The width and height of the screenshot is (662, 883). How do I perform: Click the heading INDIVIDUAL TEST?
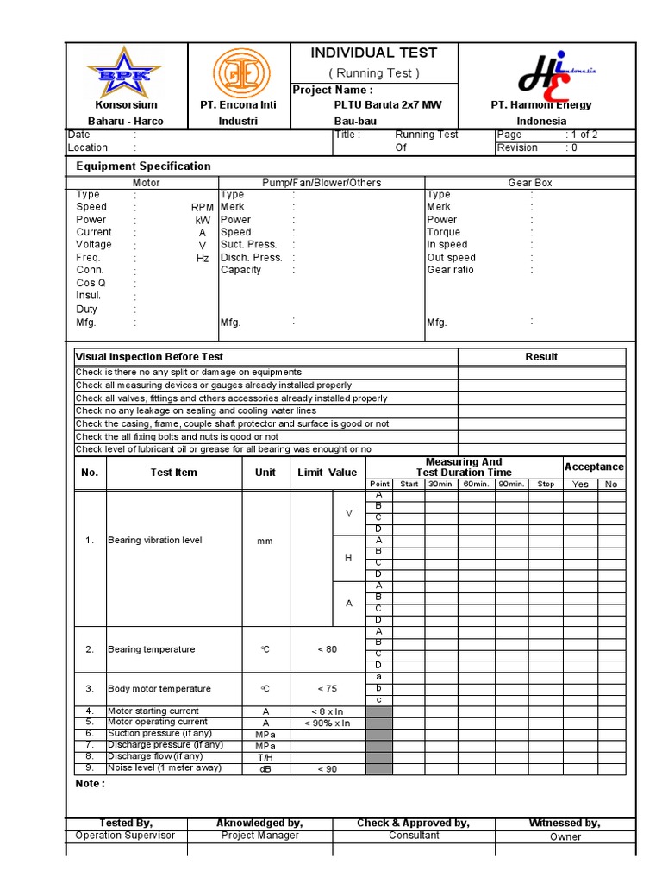(374, 53)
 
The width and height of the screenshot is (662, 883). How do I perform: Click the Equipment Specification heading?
(143, 166)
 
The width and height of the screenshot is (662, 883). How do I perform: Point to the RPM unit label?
(202, 208)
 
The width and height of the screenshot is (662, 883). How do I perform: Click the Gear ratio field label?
(450, 270)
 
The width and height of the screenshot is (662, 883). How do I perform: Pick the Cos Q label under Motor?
(91, 283)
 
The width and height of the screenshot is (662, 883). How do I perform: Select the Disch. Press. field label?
(251, 258)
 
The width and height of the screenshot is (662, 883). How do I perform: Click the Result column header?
(541, 357)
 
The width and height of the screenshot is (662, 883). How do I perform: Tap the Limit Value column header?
(327, 473)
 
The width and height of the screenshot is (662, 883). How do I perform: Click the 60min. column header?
(476, 485)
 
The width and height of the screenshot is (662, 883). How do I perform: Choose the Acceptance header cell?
(594, 467)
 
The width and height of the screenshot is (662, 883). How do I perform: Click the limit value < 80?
(327, 649)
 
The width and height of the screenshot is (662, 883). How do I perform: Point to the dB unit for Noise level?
(265, 768)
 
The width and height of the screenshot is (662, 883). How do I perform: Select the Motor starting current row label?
(153, 711)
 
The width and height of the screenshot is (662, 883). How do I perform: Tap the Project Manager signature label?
(259, 836)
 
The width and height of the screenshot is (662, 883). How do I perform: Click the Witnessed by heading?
(565, 824)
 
